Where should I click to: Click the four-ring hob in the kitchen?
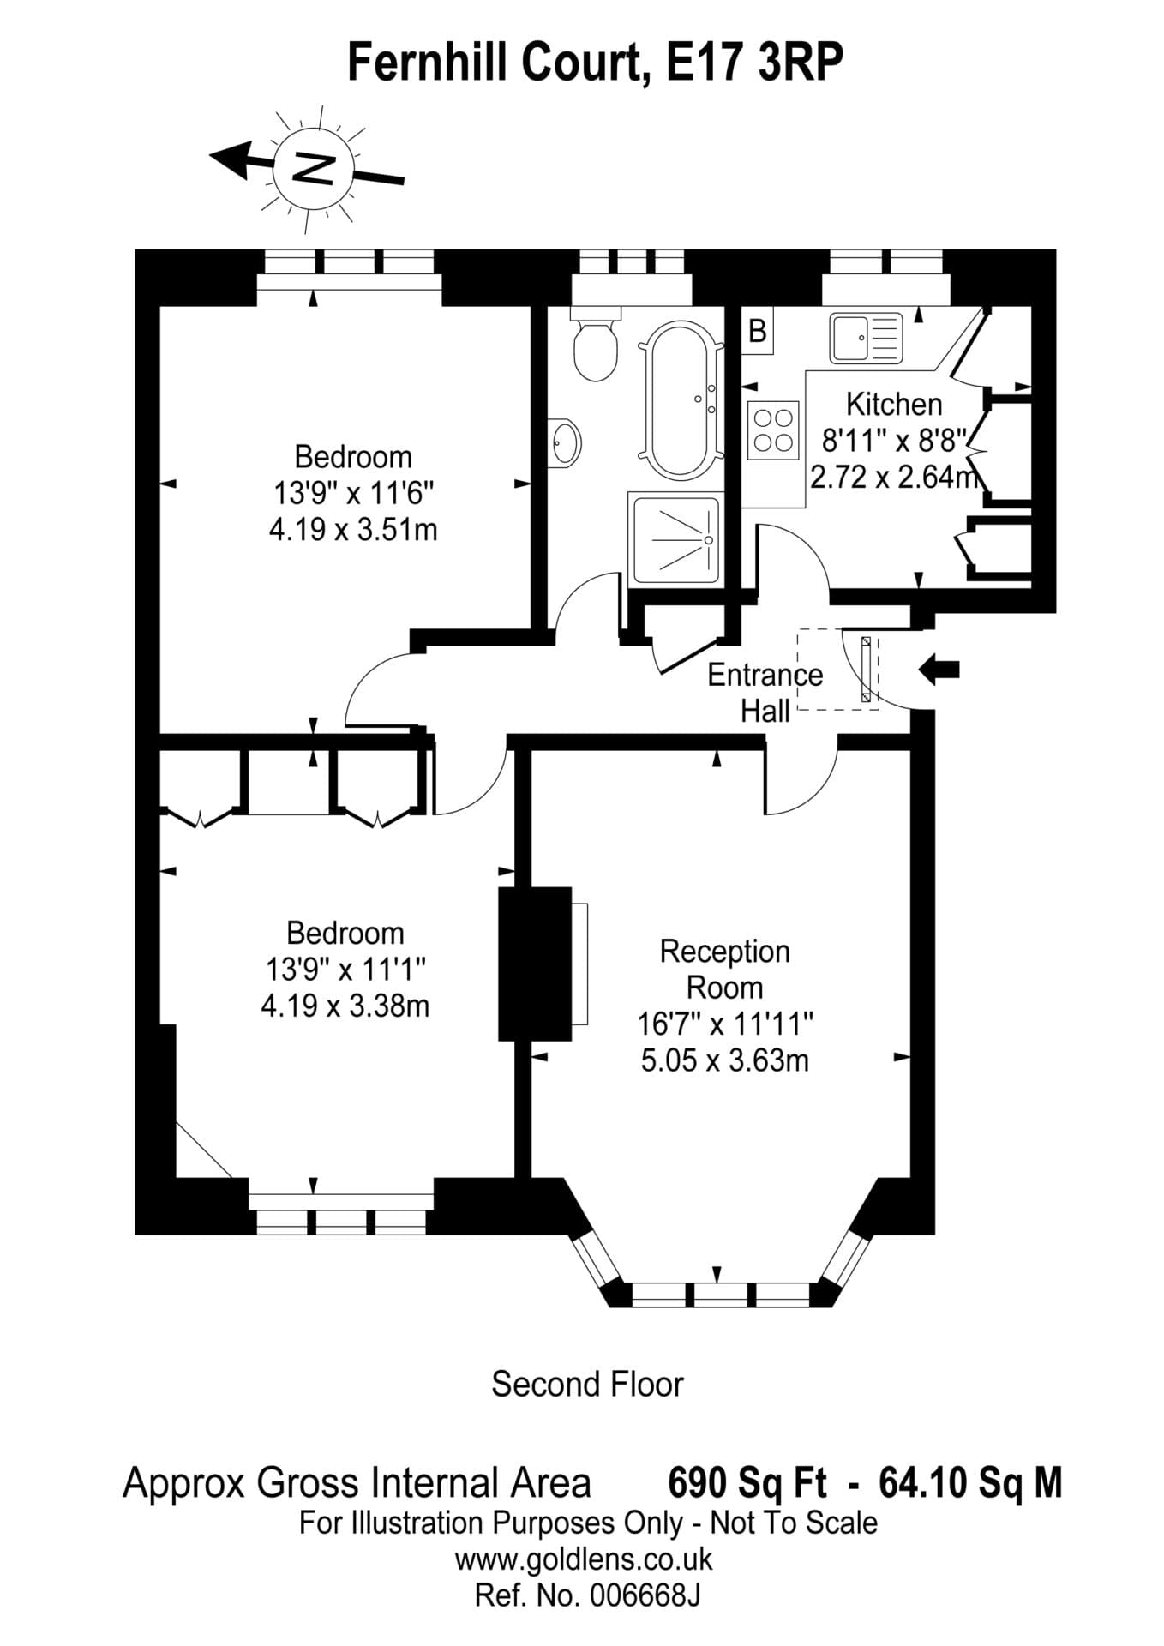pyautogui.click(x=772, y=430)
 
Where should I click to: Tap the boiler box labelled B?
pyautogui.click(x=758, y=330)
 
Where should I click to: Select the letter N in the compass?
pyautogui.click(x=313, y=168)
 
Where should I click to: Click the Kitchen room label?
pyautogui.click(x=893, y=404)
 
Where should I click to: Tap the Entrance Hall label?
pyautogui.click(x=765, y=693)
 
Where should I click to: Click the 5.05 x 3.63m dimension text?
pyautogui.click(x=724, y=1060)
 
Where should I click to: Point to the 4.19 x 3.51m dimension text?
pyautogui.click(x=353, y=530)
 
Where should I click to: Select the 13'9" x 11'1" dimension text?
pyautogui.click(x=345, y=970)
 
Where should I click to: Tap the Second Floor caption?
pyautogui.click(x=587, y=1384)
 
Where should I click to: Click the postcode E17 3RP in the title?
pyautogui.click(x=754, y=63)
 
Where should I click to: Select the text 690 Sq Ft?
pyautogui.click(x=747, y=1482)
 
